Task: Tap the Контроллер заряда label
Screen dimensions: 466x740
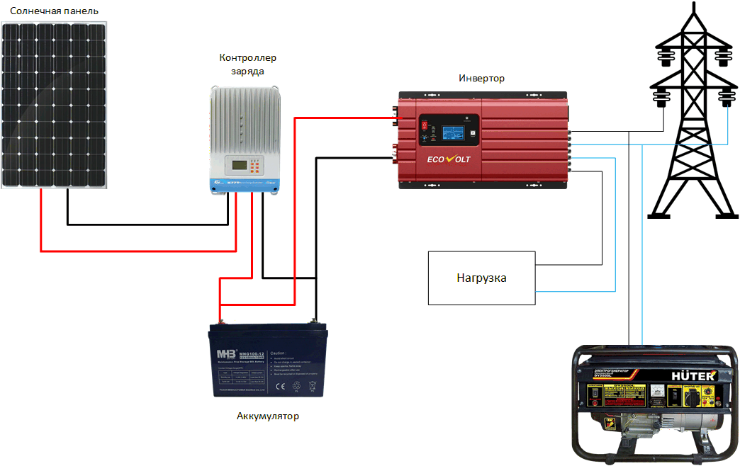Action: click(247, 64)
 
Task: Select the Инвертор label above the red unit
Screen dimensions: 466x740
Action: click(481, 78)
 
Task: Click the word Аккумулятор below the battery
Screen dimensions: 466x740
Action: click(268, 416)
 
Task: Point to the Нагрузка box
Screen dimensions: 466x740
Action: click(481, 278)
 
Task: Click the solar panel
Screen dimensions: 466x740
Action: click(55, 105)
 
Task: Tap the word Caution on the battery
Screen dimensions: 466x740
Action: click(278, 353)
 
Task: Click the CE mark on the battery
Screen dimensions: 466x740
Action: click(279, 386)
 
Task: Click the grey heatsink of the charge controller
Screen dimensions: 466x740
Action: click(244, 120)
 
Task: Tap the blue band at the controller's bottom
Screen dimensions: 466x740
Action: click(245, 185)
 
